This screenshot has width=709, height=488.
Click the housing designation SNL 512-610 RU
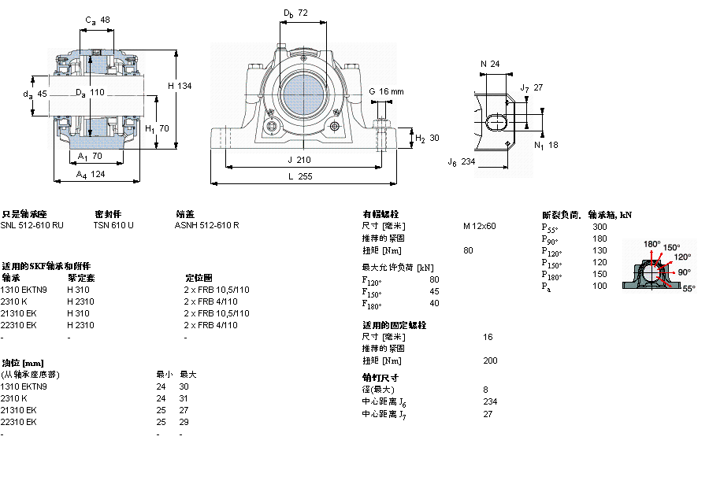pos(32,225)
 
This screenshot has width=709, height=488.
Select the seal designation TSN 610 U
pos(113,225)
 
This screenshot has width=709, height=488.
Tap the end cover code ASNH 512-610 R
pos(206,225)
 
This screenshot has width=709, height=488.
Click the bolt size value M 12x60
pos(480,226)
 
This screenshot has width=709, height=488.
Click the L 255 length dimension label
pos(300,177)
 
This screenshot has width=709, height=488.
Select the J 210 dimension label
pos(300,160)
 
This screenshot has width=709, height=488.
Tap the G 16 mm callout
pos(386,92)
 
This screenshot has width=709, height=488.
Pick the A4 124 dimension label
pos(91,175)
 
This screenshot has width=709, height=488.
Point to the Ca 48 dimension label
pos(98,20)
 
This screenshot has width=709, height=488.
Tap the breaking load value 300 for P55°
pos(599,227)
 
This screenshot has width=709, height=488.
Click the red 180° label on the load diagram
pos(651,244)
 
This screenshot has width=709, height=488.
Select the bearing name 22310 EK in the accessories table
pos(18,325)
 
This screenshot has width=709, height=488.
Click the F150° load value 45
pos(434,291)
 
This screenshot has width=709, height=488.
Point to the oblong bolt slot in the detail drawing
pos(498,122)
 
